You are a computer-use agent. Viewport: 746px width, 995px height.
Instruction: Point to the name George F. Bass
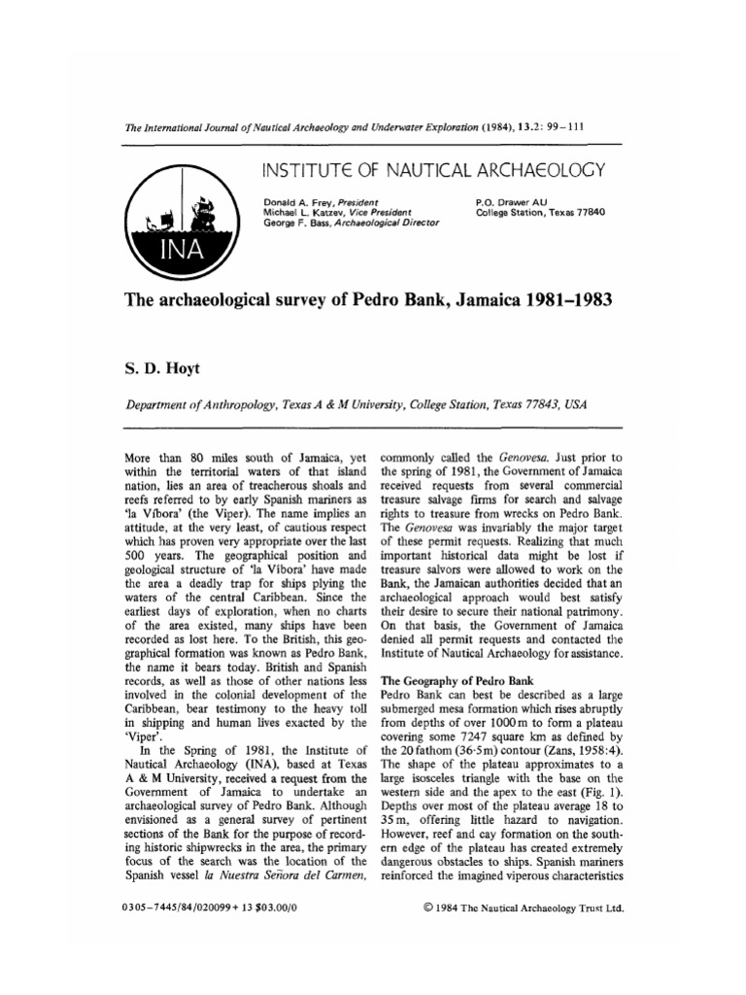pos(297,223)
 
